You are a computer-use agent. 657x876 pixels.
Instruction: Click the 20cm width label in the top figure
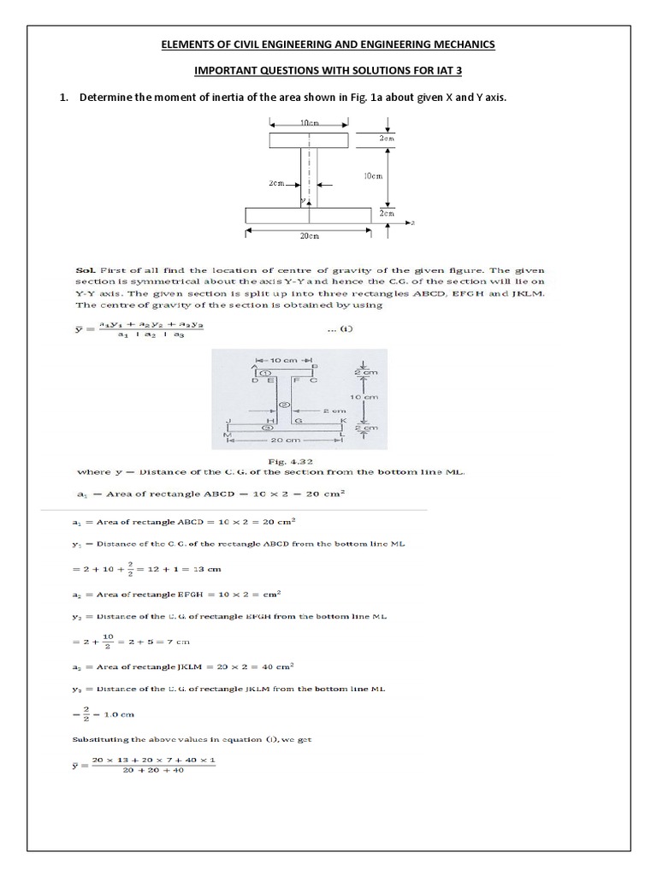coord(309,234)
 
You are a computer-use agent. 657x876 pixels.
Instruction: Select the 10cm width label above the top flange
coord(309,124)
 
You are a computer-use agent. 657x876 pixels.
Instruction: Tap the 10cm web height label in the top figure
coord(372,175)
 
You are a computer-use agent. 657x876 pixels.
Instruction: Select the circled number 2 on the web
coord(286,404)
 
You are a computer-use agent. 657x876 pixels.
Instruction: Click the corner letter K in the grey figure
coord(343,421)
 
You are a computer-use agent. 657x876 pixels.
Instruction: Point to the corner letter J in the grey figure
coord(228,421)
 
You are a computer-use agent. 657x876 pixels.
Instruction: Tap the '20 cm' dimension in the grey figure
coord(284,441)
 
